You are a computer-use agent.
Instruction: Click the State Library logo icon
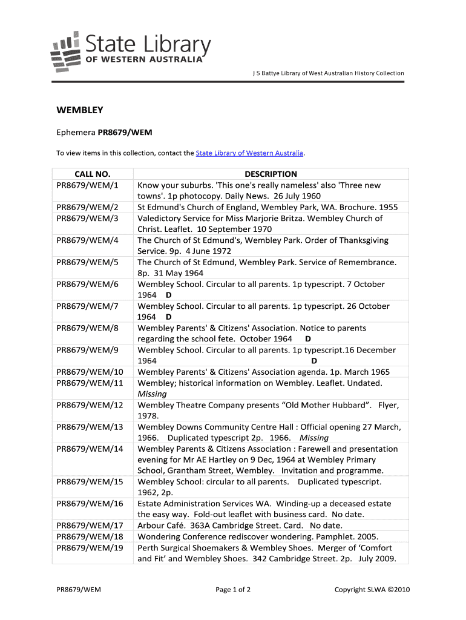click(x=65, y=51)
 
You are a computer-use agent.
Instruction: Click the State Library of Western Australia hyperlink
click(x=249, y=153)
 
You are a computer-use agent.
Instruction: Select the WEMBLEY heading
click(x=80, y=110)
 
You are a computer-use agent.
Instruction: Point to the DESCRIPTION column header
click(x=271, y=174)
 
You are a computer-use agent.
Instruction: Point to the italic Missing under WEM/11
click(x=152, y=394)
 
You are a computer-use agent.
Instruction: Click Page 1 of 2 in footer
click(x=233, y=590)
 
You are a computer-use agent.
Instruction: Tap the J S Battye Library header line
click(x=328, y=73)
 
